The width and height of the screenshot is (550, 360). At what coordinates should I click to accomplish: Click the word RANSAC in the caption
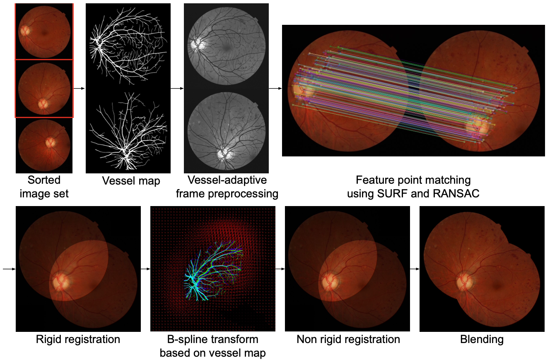(x=456, y=194)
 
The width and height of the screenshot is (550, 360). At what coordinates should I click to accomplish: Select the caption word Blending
(x=482, y=340)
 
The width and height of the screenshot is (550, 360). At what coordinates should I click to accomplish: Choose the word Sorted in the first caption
(x=44, y=180)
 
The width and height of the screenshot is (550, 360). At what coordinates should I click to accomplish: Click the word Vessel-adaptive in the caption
(x=227, y=180)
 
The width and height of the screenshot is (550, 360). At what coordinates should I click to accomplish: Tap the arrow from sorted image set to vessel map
(x=79, y=88)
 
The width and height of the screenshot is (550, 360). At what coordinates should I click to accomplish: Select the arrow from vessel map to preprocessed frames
(x=177, y=88)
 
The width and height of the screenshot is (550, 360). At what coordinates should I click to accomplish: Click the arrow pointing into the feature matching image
(x=275, y=88)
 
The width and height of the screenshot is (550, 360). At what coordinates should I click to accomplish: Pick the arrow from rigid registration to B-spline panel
(x=145, y=269)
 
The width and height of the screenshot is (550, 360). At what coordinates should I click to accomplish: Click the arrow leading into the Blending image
(x=415, y=269)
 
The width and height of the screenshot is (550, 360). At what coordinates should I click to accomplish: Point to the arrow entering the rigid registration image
(x=9, y=269)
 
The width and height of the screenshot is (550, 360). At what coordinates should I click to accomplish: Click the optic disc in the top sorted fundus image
(x=25, y=31)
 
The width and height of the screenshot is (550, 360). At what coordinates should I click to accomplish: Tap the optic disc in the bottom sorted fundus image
(x=51, y=142)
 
